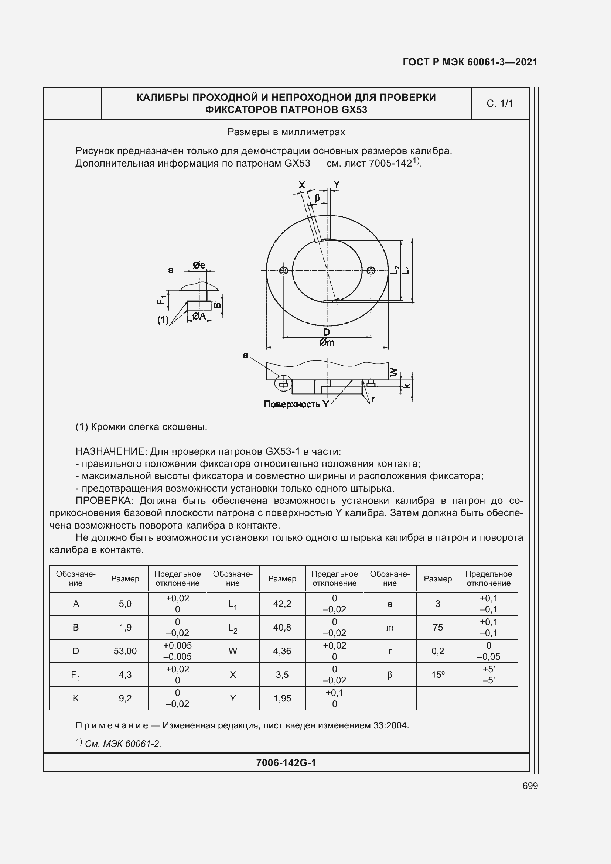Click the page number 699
pos(530,786)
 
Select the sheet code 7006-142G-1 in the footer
pos(286,763)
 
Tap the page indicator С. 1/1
pos(500,103)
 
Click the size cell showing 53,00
pos(125,651)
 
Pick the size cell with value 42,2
pos(282,604)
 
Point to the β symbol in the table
pos(389,675)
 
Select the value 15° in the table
pos(437,675)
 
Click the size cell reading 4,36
pos(282,651)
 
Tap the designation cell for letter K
pos(76,699)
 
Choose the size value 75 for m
pos(437,627)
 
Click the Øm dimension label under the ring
pos(327,342)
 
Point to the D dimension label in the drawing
pos(327,332)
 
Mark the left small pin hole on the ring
pos(284,270)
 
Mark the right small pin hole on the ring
pos(371,270)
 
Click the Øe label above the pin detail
pos(199,265)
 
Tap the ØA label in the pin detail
pos(199,316)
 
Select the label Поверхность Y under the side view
pos(296,404)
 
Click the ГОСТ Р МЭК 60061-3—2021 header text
pos(470,62)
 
